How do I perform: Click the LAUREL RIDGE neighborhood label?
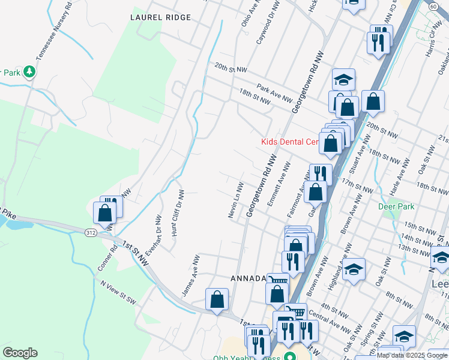(x=160, y=17)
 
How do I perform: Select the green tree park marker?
(x=29, y=73)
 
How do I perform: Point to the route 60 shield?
(x=433, y=5)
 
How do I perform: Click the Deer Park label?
(x=397, y=206)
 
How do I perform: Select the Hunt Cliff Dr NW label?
(x=177, y=213)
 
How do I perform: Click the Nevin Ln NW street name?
(x=235, y=200)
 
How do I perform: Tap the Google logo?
(x=20, y=353)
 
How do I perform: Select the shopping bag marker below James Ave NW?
(x=217, y=299)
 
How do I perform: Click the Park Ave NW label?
(x=274, y=93)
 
